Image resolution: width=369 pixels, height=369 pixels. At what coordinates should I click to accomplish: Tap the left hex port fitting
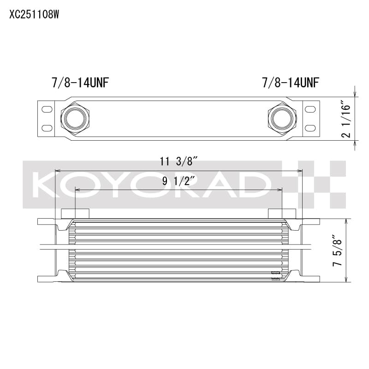pyautogui.click(x=75, y=118)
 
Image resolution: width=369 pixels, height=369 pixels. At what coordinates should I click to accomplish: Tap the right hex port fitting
pyautogui.click(x=281, y=118)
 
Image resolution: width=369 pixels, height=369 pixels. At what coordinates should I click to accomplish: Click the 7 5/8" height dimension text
pyautogui.click(x=338, y=250)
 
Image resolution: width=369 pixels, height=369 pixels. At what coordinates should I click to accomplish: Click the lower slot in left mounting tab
pyautogui.click(x=47, y=128)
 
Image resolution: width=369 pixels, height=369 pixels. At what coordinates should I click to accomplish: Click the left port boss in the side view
pyautogui.click(x=75, y=213)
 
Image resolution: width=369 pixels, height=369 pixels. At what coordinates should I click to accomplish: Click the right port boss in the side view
pyautogui.click(x=281, y=213)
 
